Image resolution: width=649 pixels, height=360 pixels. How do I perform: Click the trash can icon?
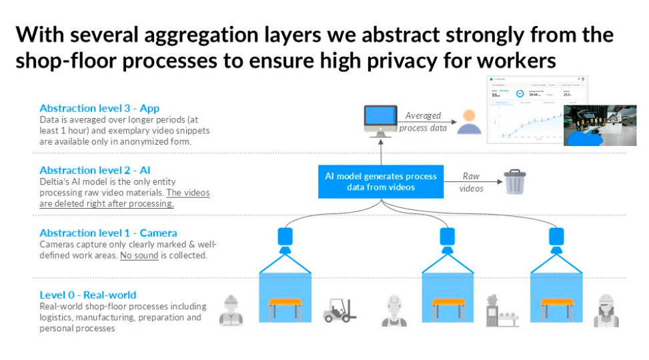[x=514, y=181]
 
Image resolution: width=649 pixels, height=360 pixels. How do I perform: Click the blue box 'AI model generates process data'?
[x=381, y=181]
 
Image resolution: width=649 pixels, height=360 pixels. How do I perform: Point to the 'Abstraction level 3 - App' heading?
[x=99, y=108]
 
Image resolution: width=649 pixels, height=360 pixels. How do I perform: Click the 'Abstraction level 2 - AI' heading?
[x=95, y=171]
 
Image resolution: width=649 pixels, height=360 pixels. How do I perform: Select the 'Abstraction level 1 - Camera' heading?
[x=108, y=233]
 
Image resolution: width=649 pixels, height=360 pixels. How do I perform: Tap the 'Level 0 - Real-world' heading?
[x=87, y=295]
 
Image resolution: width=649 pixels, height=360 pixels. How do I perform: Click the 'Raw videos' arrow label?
[x=471, y=182]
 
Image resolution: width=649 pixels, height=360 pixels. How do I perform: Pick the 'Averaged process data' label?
[x=423, y=121]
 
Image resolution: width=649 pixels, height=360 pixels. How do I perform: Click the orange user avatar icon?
[x=470, y=123]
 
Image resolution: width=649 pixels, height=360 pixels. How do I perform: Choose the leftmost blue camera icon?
[x=285, y=239]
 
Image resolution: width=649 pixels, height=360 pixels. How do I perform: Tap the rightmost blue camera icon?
[x=555, y=239]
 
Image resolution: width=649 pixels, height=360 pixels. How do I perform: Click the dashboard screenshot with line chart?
[x=538, y=110]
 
